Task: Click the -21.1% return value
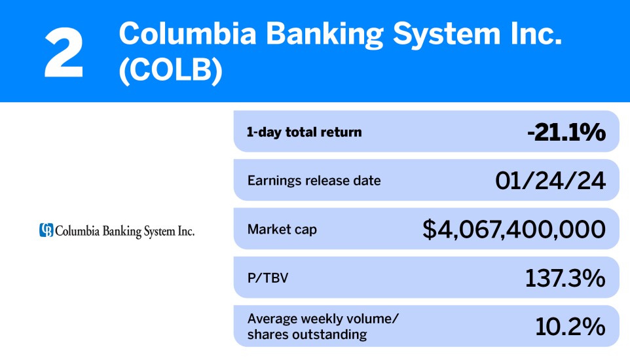tap(566, 132)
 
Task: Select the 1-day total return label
tap(305, 132)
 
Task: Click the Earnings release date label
tap(314, 180)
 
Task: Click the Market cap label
tap(282, 229)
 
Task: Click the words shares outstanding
tap(307, 335)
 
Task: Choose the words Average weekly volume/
tap(323, 319)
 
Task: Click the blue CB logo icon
tap(46, 230)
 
